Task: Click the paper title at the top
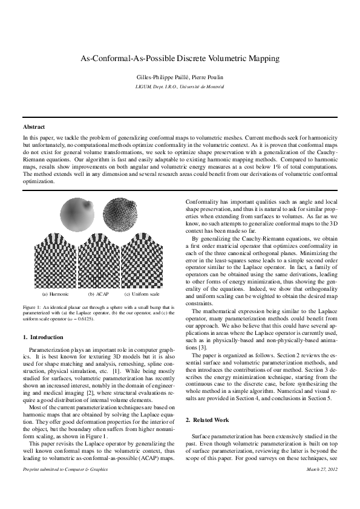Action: click(x=180, y=59)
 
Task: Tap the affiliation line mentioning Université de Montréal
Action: click(x=180, y=87)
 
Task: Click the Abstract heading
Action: click(x=34, y=128)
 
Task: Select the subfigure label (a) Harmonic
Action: click(x=55, y=294)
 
